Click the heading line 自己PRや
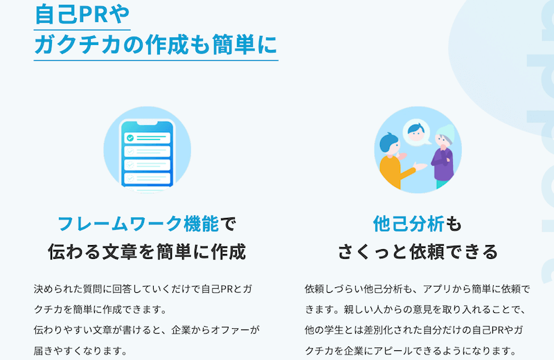[82, 14]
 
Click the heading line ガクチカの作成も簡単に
[156, 45]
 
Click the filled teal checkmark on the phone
[130, 138]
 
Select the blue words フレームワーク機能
[138, 224]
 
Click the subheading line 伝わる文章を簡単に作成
[147, 251]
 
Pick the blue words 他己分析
[409, 224]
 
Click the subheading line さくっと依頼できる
[418, 251]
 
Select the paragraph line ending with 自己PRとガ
[143, 289]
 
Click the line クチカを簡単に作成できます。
[101, 309]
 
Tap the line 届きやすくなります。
[81, 351]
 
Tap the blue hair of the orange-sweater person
[387, 142]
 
